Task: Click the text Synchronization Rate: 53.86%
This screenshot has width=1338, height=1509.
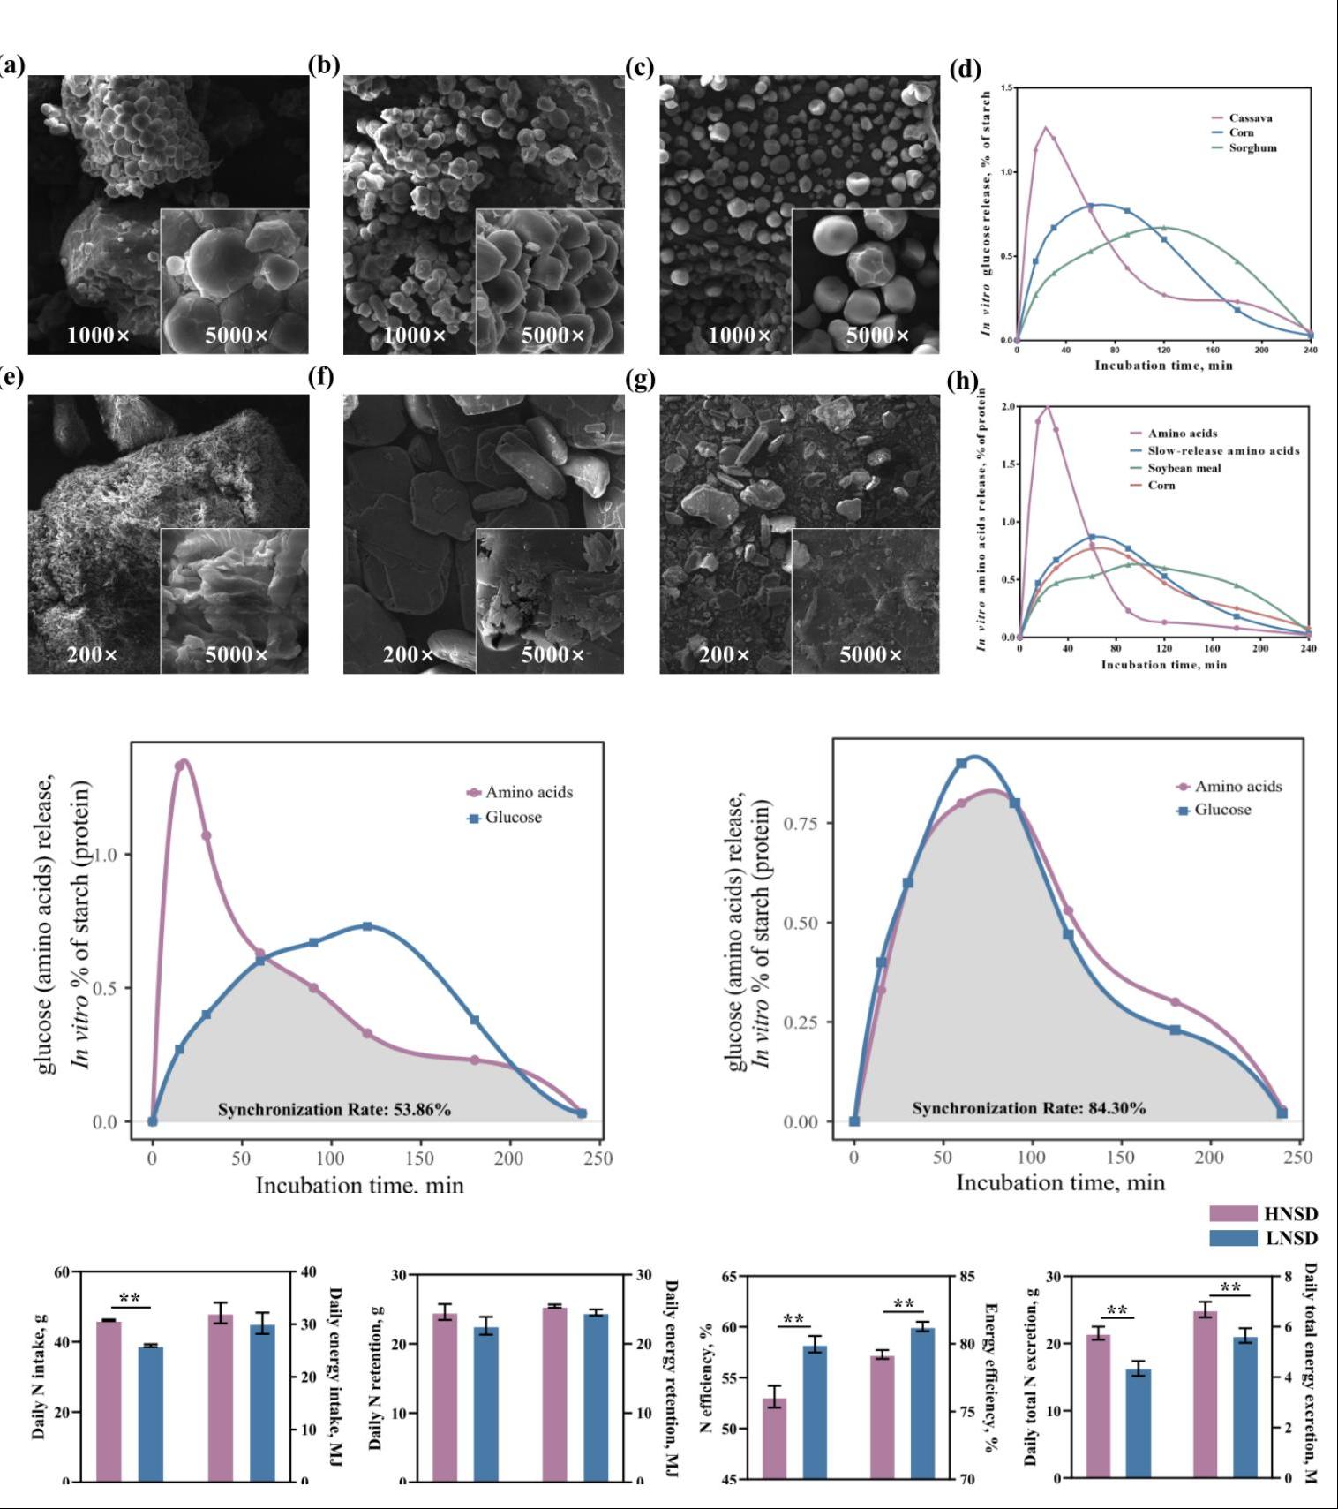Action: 334,1110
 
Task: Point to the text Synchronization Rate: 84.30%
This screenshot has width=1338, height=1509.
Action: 1029,1108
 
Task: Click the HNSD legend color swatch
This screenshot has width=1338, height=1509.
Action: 1232,1214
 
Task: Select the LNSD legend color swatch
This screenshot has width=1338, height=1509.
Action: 1232,1238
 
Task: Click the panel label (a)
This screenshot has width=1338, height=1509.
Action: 12,64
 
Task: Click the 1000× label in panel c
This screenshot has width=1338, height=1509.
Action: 740,336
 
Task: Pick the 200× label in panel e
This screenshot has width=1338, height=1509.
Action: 92,655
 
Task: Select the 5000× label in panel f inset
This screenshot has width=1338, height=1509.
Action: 552,655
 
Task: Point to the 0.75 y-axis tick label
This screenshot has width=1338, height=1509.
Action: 801,823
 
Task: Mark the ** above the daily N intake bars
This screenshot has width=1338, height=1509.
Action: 130,1298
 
